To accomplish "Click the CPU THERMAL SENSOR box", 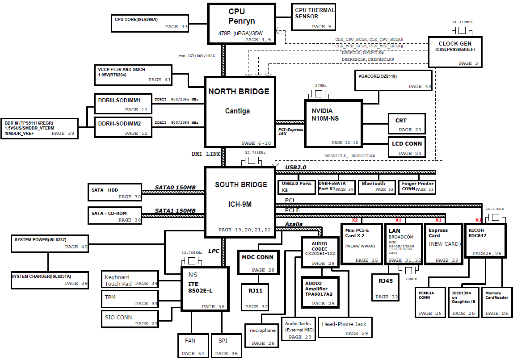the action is (313, 17).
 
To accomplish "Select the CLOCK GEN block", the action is (455, 52).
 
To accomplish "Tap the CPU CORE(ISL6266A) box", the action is (150, 23).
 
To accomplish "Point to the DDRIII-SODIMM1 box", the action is (123, 104).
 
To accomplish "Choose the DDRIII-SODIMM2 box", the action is (123, 127).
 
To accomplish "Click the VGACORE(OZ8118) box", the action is (393, 80).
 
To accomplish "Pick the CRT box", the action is (407, 124).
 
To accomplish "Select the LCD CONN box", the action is (407, 147).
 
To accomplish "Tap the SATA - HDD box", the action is (115, 192).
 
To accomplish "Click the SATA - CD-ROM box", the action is (115, 215).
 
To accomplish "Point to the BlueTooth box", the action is (376, 187).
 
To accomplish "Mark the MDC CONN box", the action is (258, 262).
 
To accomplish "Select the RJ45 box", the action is (385, 287).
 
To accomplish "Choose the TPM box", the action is (130, 299).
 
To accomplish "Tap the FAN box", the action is (193, 346).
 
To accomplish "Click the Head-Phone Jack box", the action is (345, 327).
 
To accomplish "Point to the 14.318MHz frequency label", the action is (463, 22).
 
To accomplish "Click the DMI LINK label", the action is (206, 154).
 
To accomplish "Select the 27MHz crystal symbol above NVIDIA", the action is (318, 94).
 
